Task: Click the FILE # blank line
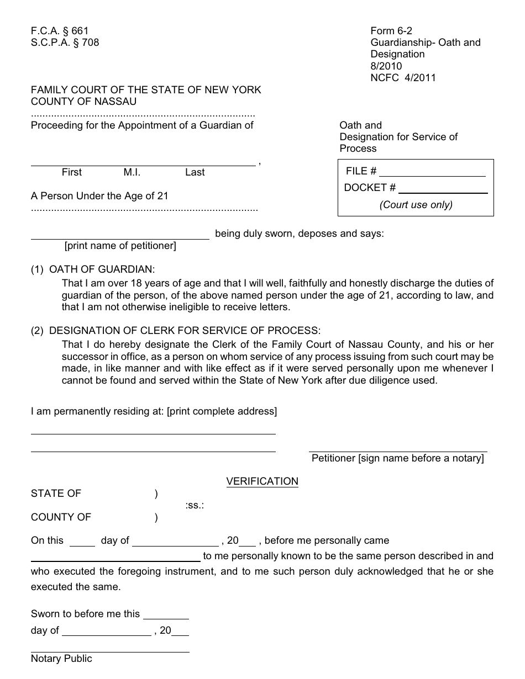tap(432, 175)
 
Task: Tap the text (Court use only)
tap(416, 205)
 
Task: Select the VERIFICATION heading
tap(262, 481)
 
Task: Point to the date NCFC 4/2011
tap(403, 78)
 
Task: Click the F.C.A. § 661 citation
tap(60, 31)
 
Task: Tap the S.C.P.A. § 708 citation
tap(65, 43)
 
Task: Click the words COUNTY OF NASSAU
tap(83, 102)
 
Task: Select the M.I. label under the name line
tap(132, 172)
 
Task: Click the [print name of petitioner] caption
tap(120, 246)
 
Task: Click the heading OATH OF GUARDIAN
tap(102, 269)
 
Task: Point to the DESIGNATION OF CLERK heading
tap(185, 331)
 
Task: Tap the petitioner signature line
tap(398, 450)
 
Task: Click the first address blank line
tap(153, 433)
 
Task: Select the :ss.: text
tap(195, 505)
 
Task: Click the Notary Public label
tap(61, 659)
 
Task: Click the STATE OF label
tap(56, 494)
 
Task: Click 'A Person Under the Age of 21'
tap(99, 195)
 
